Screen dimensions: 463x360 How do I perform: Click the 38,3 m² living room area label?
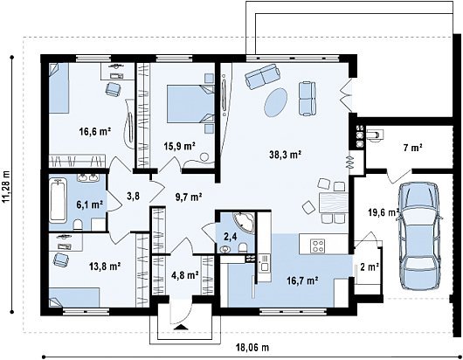coord(285,154)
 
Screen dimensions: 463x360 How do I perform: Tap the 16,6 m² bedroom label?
coord(95,131)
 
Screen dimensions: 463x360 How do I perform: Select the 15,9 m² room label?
coord(180,146)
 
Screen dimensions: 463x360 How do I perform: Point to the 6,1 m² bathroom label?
coord(89,204)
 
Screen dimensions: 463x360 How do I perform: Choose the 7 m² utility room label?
coord(413,148)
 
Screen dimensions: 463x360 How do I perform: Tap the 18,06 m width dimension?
coord(252,348)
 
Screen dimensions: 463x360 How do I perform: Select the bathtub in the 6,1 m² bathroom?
coord(58,200)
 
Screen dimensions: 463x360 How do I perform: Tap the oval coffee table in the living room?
coord(275,102)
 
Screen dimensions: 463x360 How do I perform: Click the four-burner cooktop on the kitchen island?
coord(318,246)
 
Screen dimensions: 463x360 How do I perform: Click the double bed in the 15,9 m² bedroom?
coord(190,104)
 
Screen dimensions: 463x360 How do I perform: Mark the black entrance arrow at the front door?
coord(181,327)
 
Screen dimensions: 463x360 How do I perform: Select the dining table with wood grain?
coord(334,203)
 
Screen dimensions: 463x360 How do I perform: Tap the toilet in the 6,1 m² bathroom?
coord(79,225)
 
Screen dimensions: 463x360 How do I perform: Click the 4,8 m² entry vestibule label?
coord(185,275)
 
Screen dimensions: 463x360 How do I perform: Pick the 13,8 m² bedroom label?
coord(105,267)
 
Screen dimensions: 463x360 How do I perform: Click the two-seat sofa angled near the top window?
coord(262,76)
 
